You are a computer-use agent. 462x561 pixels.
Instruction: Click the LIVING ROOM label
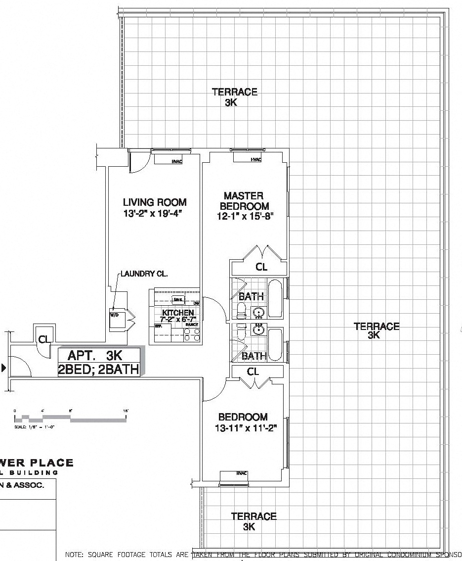coord(155,202)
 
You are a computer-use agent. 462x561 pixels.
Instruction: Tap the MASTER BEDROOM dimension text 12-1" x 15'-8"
coord(245,216)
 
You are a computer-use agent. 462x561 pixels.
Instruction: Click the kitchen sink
coord(176,300)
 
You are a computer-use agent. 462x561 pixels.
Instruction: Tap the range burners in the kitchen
coord(192,334)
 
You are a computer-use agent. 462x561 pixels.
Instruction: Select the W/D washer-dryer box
coord(115,316)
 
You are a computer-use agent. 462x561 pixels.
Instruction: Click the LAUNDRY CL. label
coord(144,274)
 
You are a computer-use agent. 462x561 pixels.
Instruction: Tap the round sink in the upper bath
coord(258,312)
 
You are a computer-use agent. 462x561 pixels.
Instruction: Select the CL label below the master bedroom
coord(261,268)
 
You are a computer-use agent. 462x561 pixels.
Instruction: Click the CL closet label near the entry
coord(44,339)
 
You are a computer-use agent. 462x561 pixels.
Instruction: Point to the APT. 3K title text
coord(95,355)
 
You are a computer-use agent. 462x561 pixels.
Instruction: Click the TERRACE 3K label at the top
coord(234,97)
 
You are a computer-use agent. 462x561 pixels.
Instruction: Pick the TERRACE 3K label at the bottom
coord(253,521)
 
